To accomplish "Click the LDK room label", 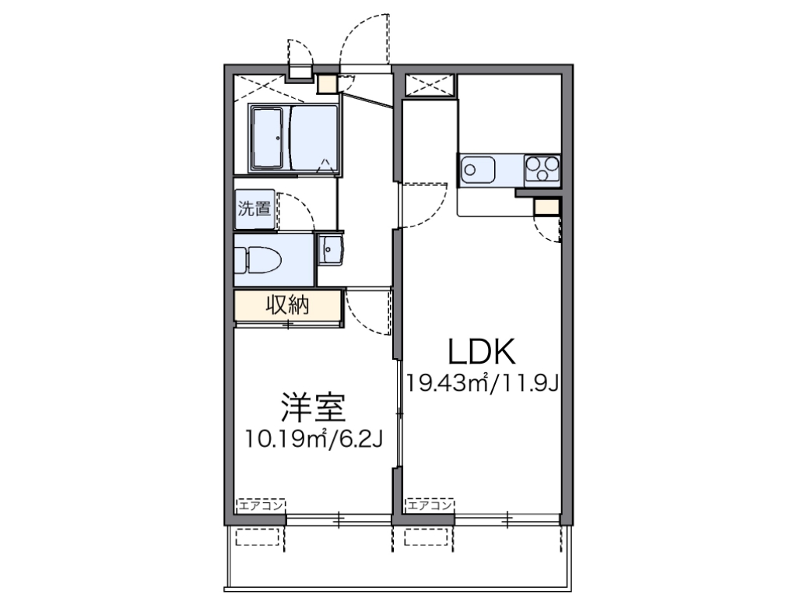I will (482, 352).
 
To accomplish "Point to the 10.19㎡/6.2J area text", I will (313, 440).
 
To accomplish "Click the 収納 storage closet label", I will (288, 305).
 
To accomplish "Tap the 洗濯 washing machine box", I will (255, 209).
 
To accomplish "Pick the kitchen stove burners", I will (542, 169).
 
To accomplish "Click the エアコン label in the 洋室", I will (262, 505).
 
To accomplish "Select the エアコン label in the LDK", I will (428, 505).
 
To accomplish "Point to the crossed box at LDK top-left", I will (430, 85).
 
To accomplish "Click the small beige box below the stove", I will (546, 206).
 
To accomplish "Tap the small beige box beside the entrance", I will (326, 83).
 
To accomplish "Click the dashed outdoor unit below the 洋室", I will (257, 538).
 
